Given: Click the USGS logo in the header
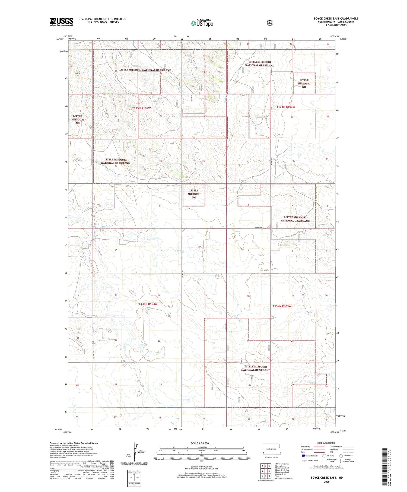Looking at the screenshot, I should tap(61, 22).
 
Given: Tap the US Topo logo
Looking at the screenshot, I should tap(202, 23).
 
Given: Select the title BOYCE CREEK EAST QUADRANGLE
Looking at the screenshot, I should tap(336, 18).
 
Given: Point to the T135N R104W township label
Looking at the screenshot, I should tap(141, 108).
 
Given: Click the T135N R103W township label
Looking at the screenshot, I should tap(285, 107).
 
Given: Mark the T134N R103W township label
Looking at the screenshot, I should tap(282, 306).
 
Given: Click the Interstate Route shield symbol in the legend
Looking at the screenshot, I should tap(303, 456).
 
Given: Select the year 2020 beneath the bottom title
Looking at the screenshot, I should tap(326, 482).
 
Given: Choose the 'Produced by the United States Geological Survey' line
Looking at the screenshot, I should tap(74, 443).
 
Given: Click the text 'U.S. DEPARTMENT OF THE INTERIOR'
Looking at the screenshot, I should tap(102, 19).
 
